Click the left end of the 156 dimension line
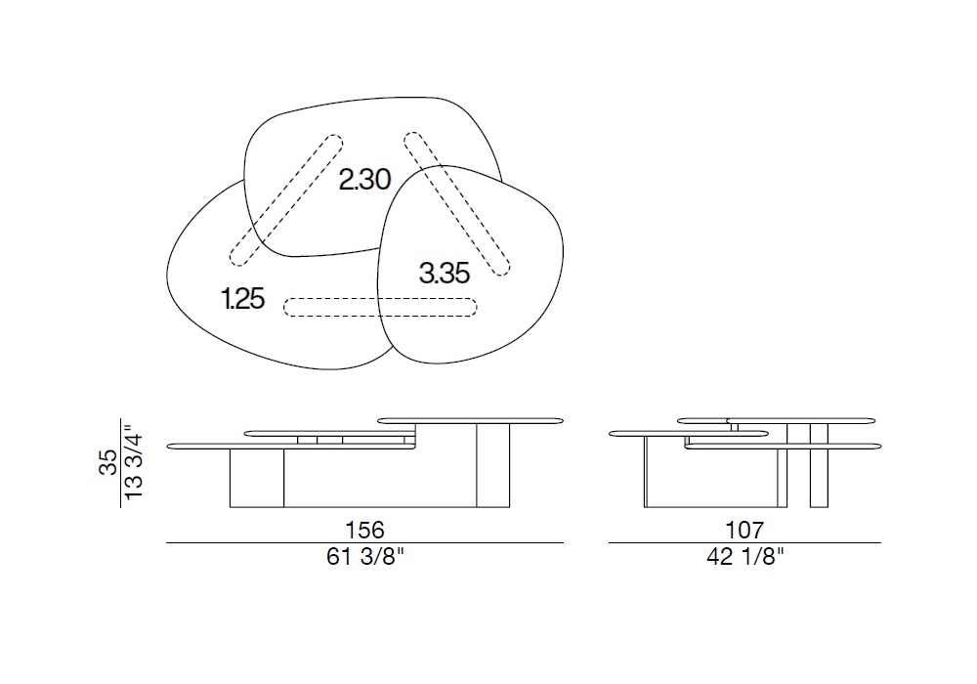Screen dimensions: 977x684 click(166, 543)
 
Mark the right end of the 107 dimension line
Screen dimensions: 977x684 click(881, 543)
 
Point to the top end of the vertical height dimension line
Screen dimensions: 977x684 click(120, 418)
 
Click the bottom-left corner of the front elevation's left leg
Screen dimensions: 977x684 click(230, 507)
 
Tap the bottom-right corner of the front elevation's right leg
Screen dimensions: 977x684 click(509, 507)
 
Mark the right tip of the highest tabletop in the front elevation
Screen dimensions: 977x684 click(564, 421)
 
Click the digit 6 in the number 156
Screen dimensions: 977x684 click(377, 531)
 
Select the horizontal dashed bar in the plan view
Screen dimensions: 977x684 click(380, 307)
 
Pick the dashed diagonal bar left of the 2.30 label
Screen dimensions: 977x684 click(286, 200)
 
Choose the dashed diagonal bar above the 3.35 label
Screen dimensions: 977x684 click(456, 203)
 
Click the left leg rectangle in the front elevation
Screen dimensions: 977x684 click(257, 478)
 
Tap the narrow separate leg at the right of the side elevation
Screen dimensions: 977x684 click(820, 465)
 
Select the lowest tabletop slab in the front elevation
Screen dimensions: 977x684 click(291, 446)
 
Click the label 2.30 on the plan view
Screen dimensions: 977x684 click(364, 180)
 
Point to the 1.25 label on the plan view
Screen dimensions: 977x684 click(242, 298)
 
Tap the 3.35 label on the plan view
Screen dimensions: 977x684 click(445, 273)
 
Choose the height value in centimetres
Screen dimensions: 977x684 click(107, 462)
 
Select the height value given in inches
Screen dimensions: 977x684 click(133, 461)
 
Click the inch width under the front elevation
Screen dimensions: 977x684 click(365, 556)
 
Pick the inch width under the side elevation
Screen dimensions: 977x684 click(745, 556)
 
